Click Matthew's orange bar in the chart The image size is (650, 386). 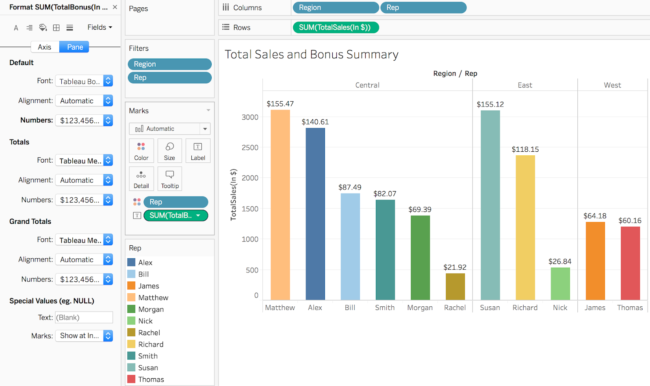point(280,205)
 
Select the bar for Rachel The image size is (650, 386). point(455,286)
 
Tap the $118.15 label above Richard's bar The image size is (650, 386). point(525,149)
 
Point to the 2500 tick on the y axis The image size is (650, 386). point(250,148)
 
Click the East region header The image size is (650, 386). point(524,85)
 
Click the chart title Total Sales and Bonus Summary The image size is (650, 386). point(311,55)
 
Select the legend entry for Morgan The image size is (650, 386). point(151,309)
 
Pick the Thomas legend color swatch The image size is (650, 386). point(131,379)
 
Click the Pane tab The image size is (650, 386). point(75,47)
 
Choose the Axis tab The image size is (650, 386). point(45,47)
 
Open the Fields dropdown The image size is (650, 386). point(100,27)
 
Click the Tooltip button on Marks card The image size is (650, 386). point(169,179)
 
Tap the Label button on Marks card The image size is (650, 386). point(198,150)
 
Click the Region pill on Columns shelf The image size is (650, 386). point(335,8)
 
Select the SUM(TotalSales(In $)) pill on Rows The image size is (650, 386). point(335,28)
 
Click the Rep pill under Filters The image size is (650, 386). point(169,78)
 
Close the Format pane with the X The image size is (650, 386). point(115,7)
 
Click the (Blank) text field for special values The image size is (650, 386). point(84,317)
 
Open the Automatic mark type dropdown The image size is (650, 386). point(169,129)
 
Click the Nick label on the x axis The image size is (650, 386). point(560,307)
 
